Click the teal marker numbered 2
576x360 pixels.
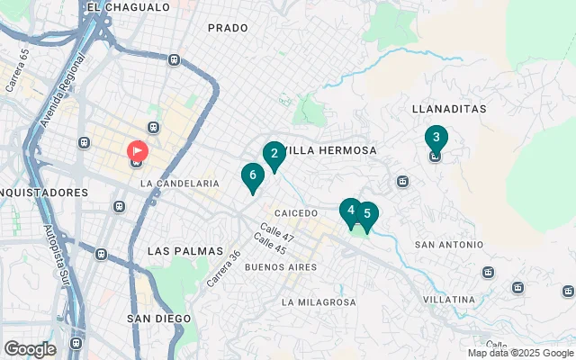(274, 154)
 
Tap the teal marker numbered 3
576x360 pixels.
(436, 139)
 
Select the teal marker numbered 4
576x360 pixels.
(350, 211)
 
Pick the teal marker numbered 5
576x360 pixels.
(365, 215)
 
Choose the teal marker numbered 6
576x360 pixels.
(253, 175)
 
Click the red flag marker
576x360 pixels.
(137, 151)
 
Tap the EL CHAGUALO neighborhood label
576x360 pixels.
(129, 7)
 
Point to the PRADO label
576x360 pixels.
(228, 28)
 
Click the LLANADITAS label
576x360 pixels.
(448, 109)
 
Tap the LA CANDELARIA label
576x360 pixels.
(180, 183)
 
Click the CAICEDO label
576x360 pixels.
(296, 213)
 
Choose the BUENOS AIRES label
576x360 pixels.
(281, 267)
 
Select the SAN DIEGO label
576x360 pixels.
(158, 319)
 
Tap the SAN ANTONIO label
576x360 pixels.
(448, 245)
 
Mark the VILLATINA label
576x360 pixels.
(451, 299)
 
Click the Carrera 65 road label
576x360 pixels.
(17, 70)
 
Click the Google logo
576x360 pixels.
(30, 349)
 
